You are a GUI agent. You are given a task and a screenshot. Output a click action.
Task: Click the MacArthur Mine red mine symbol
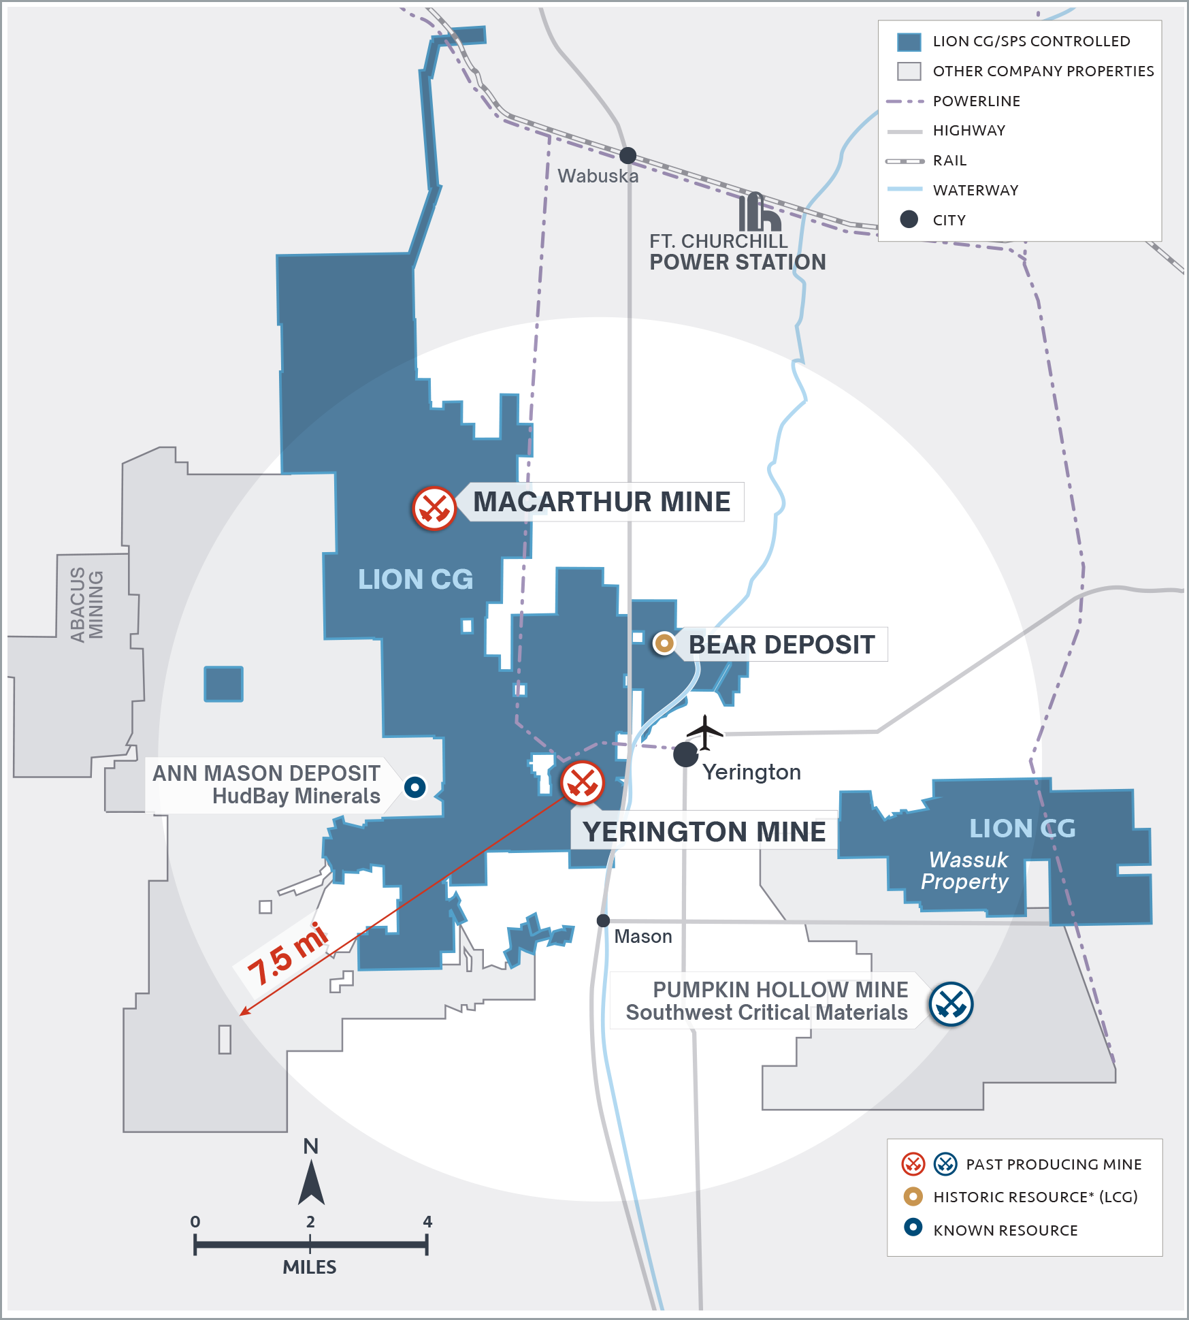coord(434,508)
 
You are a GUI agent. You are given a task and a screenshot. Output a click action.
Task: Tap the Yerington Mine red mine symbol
coord(582,783)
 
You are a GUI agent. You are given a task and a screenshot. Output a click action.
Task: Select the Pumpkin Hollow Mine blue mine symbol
coord(951,1004)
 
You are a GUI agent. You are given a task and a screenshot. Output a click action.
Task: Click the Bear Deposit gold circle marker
coord(664,643)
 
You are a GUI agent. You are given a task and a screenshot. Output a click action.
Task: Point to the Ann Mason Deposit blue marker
coord(414,788)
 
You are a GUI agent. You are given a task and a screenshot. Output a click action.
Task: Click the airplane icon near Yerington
coord(705,732)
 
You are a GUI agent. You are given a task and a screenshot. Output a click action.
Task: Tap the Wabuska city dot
coord(628,155)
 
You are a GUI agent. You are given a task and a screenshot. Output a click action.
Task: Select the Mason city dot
coord(603,920)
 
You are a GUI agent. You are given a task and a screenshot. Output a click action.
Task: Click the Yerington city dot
coord(685,754)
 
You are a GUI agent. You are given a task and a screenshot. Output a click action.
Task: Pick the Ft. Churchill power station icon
coord(759,212)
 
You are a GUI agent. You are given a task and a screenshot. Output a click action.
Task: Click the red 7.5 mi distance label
coord(287,954)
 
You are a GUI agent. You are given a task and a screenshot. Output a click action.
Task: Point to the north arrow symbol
coord(311,1182)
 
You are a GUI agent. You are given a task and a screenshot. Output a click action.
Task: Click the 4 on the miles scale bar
coord(427,1221)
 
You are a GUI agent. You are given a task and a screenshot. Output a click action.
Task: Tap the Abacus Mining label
coord(87,605)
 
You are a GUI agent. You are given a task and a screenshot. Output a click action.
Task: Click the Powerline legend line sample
coord(905,101)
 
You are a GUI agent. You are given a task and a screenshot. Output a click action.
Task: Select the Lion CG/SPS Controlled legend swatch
coord(909,42)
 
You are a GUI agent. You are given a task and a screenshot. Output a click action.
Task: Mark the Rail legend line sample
coord(905,161)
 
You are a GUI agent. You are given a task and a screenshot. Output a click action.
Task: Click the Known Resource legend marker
coord(913,1227)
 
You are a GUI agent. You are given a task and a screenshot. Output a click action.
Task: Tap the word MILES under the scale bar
coord(310,1267)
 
